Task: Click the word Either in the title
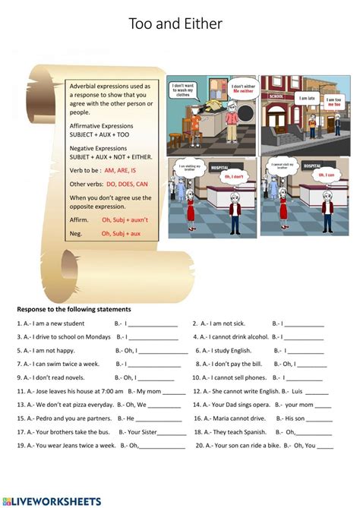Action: click(203, 24)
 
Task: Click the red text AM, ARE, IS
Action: click(120, 170)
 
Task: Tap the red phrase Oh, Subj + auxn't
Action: click(125, 220)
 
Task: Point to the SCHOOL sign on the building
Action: click(275, 97)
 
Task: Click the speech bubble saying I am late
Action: click(307, 98)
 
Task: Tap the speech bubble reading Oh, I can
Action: click(326, 175)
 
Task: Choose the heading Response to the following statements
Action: click(74, 309)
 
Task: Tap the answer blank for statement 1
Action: click(152, 324)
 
